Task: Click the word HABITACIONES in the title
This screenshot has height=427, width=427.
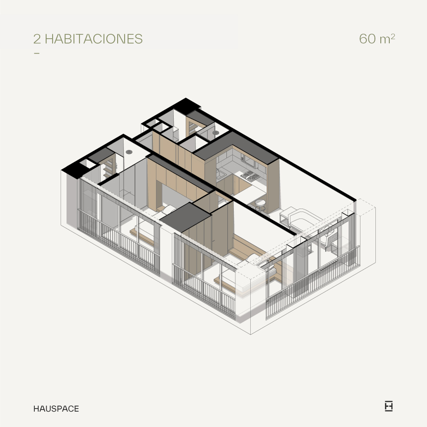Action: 94,39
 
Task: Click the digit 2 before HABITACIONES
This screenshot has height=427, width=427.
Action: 37,39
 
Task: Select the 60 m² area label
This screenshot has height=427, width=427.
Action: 377,38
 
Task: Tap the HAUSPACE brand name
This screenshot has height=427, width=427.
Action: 56,409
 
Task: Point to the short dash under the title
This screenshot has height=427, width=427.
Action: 37,53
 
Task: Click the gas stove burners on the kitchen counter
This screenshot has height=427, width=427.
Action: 250,176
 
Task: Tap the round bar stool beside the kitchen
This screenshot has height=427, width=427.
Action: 260,205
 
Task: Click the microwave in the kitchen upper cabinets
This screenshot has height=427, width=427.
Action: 250,161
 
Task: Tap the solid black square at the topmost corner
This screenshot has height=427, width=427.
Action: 186,106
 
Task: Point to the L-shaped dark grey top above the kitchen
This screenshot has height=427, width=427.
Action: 236,147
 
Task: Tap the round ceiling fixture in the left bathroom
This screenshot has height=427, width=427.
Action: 129,151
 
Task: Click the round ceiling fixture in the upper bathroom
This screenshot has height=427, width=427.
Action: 215,133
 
